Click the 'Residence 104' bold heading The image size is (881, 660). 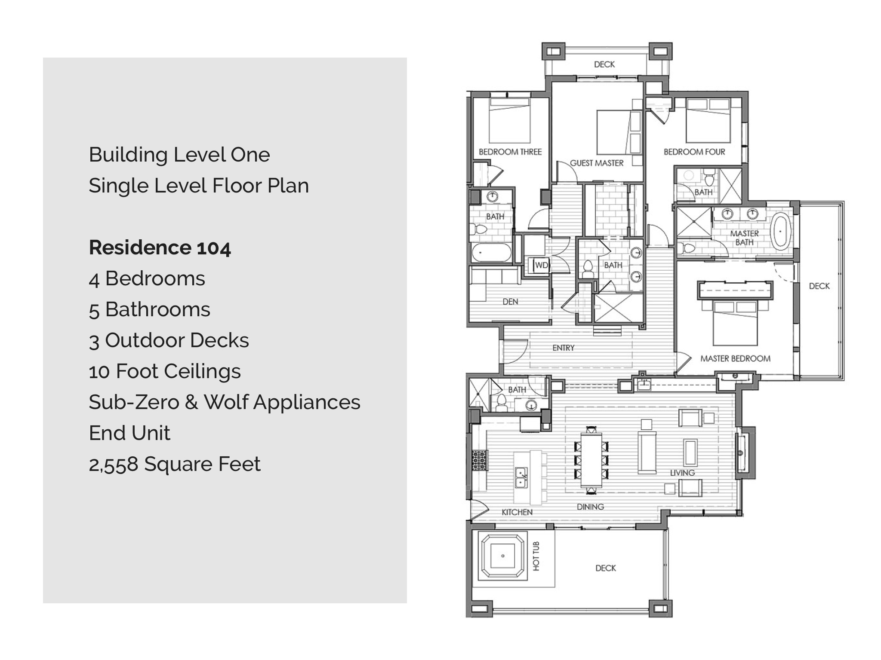click(x=160, y=247)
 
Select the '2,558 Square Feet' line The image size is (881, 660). click(x=175, y=464)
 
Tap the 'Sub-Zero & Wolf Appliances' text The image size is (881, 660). click(x=225, y=402)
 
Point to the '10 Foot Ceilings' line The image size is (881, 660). click(x=165, y=372)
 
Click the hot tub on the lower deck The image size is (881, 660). click(x=502, y=556)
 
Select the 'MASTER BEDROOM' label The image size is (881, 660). click(x=735, y=358)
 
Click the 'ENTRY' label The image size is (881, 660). click(x=563, y=348)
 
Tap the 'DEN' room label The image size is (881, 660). click(x=510, y=302)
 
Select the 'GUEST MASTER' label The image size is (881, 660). click(x=597, y=163)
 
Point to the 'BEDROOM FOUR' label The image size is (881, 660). click(x=694, y=152)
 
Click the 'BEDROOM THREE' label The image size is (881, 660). click(x=510, y=152)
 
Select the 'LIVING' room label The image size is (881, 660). click(x=682, y=473)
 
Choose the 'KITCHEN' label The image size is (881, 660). click(x=517, y=512)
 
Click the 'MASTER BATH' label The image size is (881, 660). click(x=744, y=238)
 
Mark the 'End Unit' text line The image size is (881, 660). click(x=129, y=433)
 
